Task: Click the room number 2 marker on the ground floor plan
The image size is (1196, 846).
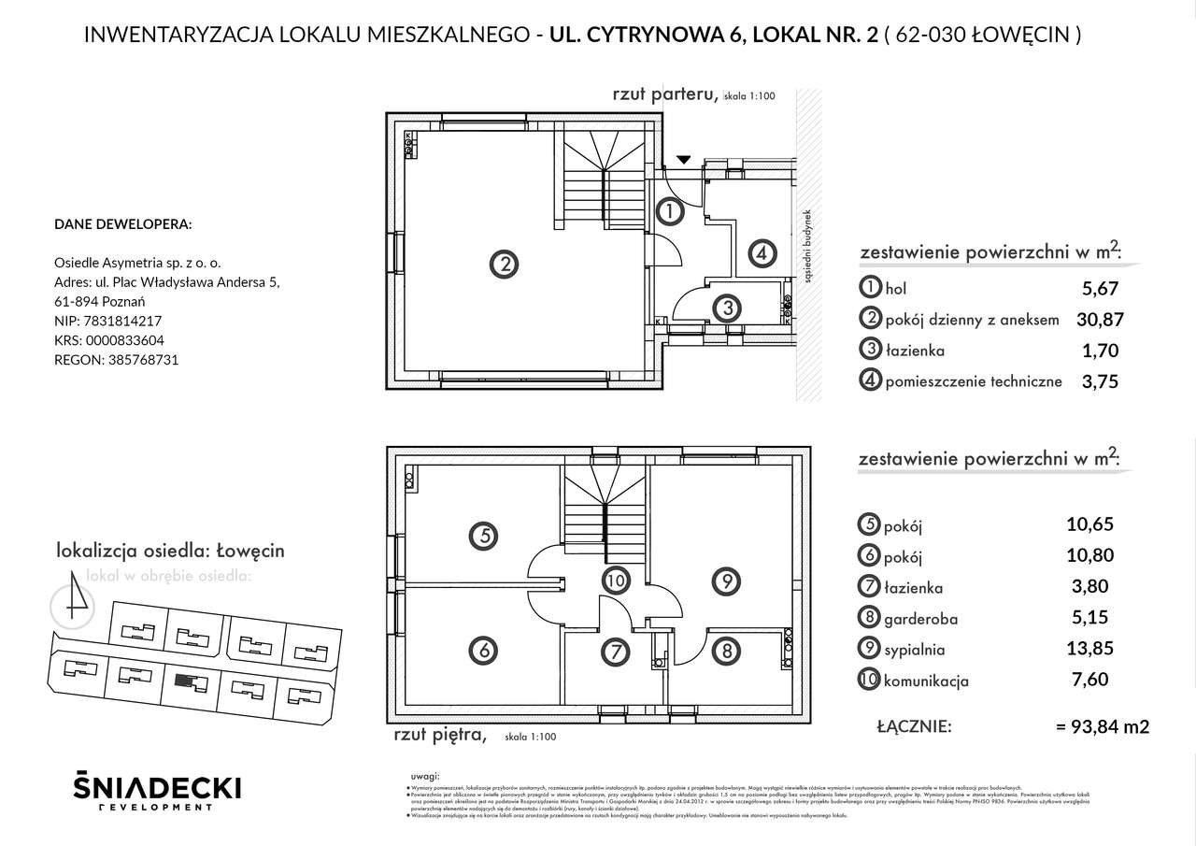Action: [505, 265]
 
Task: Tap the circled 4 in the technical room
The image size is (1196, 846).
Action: [762, 252]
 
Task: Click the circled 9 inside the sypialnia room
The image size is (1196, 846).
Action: [725, 581]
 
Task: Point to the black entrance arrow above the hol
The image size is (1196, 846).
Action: [684, 160]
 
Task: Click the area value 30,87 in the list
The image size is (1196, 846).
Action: [1100, 320]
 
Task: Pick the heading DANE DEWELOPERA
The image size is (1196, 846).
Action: [123, 224]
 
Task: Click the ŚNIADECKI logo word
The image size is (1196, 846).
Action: [157, 787]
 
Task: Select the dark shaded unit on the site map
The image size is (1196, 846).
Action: [190, 682]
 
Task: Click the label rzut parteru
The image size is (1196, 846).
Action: [664, 93]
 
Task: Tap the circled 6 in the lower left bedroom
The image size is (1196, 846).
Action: [483, 648]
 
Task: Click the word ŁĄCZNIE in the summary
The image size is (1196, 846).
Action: [915, 725]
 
